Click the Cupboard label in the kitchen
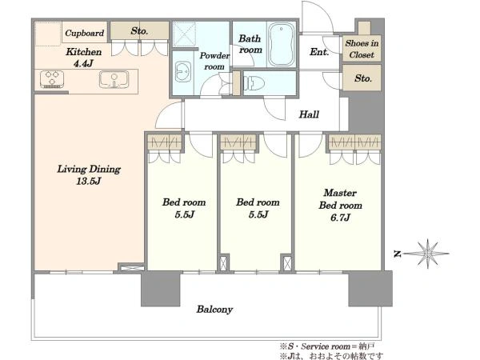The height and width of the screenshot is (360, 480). tap(85, 33)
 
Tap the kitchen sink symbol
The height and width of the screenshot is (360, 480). tap(114, 79)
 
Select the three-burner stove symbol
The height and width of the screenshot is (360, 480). tap(52, 79)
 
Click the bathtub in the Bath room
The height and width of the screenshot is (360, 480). tap(282, 46)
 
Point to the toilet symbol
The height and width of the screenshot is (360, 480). tap(254, 83)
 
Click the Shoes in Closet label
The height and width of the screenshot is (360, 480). tap(362, 49)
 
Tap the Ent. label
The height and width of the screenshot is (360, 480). tap(319, 52)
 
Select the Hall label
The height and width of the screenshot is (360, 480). tap(309, 114)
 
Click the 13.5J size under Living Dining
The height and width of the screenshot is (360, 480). tap(89, 182)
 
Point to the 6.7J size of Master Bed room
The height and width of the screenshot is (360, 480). tap(340, 218)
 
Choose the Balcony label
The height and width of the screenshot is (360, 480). tap(214, 310)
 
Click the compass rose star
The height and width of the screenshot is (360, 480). tap(427, 254)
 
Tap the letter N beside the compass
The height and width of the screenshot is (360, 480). tap(398, 254)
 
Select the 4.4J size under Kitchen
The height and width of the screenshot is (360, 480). tap(83, 64)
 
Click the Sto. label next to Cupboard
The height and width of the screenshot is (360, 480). tap(139, 31)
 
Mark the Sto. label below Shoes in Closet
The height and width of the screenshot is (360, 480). tap(363, 78)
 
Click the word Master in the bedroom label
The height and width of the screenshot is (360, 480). tap(340, 193)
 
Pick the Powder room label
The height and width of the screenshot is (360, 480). tap(214, 61)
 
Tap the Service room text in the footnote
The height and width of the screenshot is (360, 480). tap(326, 346)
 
